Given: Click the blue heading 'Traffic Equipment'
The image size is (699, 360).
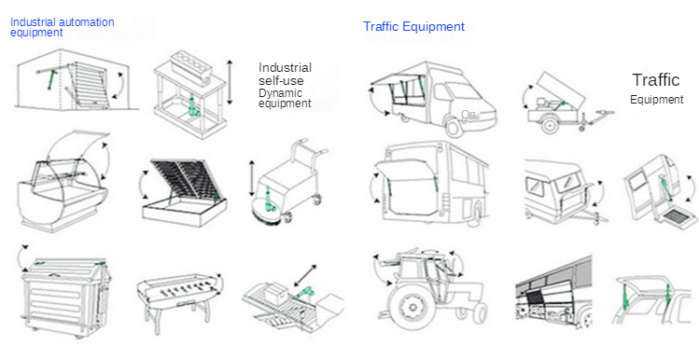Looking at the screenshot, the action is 413,27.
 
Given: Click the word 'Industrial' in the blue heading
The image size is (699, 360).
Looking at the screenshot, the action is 32,21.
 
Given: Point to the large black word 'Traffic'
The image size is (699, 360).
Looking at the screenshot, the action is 656,80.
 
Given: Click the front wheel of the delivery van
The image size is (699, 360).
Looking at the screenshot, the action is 454,127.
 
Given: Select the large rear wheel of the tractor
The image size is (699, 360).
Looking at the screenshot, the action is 410,306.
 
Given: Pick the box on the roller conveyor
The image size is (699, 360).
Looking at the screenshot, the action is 277,294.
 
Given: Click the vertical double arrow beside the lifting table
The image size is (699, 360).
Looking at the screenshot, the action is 230,82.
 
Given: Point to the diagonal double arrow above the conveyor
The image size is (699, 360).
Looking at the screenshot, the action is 305,276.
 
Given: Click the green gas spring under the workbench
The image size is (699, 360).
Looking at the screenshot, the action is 192,105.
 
